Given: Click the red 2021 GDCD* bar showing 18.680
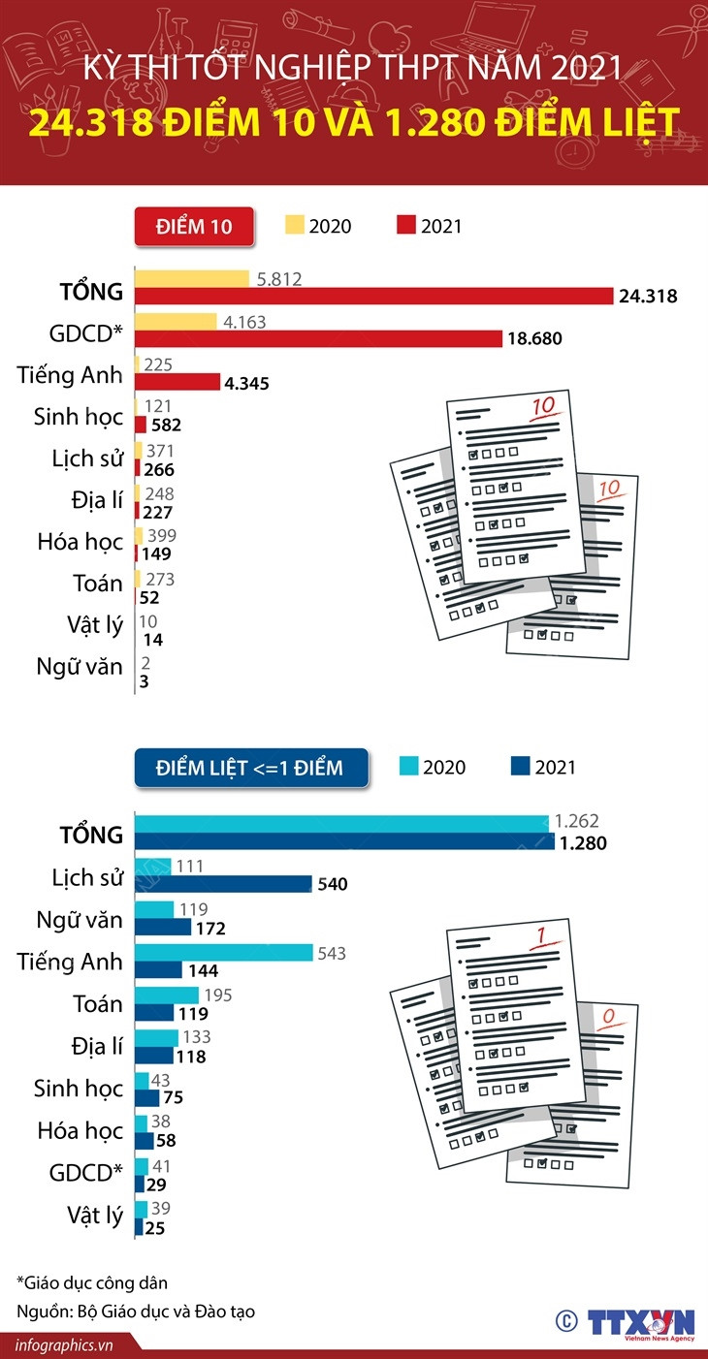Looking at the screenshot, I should point(318,338).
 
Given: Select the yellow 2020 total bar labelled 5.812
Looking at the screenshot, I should point(191,279).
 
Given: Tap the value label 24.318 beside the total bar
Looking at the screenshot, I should point(648,297).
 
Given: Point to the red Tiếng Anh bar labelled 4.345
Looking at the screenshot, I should point(177,381).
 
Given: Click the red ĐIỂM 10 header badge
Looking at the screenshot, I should point(194,227).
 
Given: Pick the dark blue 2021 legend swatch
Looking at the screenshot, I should point(520,767).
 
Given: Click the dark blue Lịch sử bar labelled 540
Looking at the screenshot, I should point(223,883).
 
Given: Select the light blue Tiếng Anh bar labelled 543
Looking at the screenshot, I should point(223,953).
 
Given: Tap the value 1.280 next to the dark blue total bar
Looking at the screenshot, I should point(583,843).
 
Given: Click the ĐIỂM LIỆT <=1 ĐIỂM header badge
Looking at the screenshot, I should point(250,768).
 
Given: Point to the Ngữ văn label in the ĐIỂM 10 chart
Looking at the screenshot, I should point(80,667).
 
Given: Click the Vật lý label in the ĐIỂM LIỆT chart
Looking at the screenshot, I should point(95,1216).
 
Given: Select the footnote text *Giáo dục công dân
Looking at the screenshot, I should point(92,1282).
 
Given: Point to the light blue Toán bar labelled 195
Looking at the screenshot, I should point(166,995).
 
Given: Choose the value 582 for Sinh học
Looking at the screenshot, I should point(165,425).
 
